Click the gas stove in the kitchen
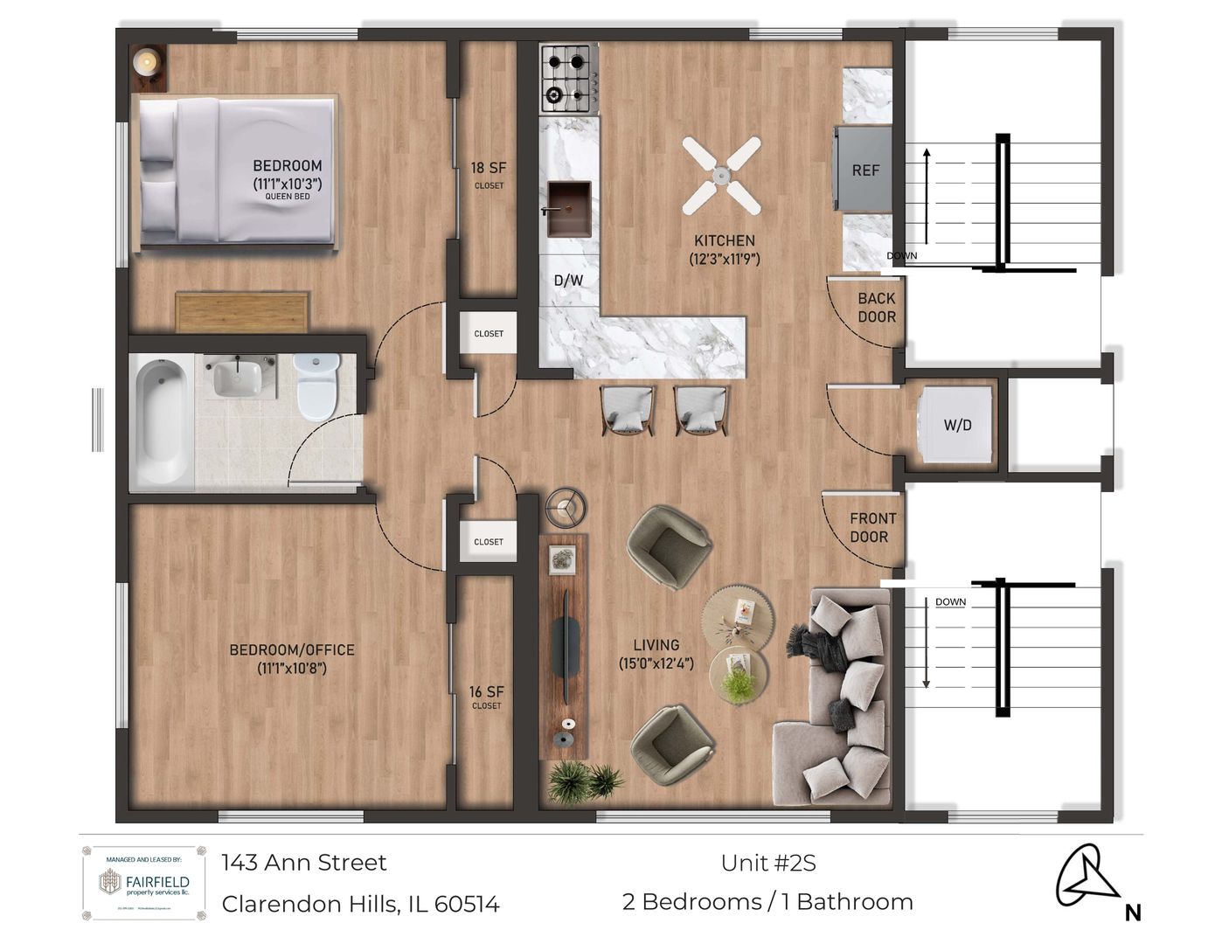click(569, 79)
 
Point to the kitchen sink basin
click(568, 207)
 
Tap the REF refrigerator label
click(865, 170)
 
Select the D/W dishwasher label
click(568, 281)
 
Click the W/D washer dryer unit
click(957, 426)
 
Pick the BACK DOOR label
click(876, 308)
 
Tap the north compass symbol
click(1088, 878)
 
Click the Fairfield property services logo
click(144, 883)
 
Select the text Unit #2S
click(768, 864)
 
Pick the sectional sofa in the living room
click(839, 699)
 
